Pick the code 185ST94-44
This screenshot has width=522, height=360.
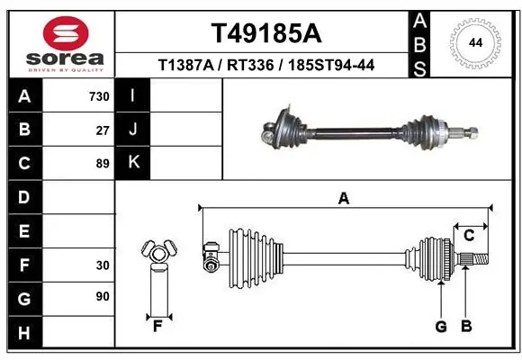click(327, 65)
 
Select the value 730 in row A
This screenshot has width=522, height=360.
click(99, 96)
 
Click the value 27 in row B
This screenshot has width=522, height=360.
click(103, 130)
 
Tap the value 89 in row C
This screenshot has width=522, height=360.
click(103, 163)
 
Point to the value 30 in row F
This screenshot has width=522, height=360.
click(103, 265)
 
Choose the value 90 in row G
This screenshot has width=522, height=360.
click(103, 296)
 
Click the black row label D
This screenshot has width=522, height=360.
click(23, 196)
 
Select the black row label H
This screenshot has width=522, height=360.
click(23, 332)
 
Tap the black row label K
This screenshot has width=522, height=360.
click(133, 163)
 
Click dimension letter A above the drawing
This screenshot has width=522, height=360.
click(343, 199)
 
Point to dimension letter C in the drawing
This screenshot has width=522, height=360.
click(469, 236)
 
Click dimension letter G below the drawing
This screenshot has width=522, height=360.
click(441, 326)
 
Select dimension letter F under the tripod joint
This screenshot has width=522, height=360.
click(157, 326)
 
